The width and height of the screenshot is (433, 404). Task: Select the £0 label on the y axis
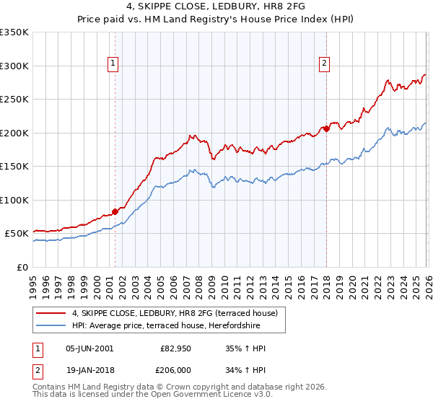click(23, 267)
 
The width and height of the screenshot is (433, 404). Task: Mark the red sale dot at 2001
click(115, 211)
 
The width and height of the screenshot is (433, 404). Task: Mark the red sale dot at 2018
click(326, 129)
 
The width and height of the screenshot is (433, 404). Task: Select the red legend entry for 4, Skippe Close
click(179, 312)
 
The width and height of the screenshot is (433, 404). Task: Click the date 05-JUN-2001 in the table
click(89, 348)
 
